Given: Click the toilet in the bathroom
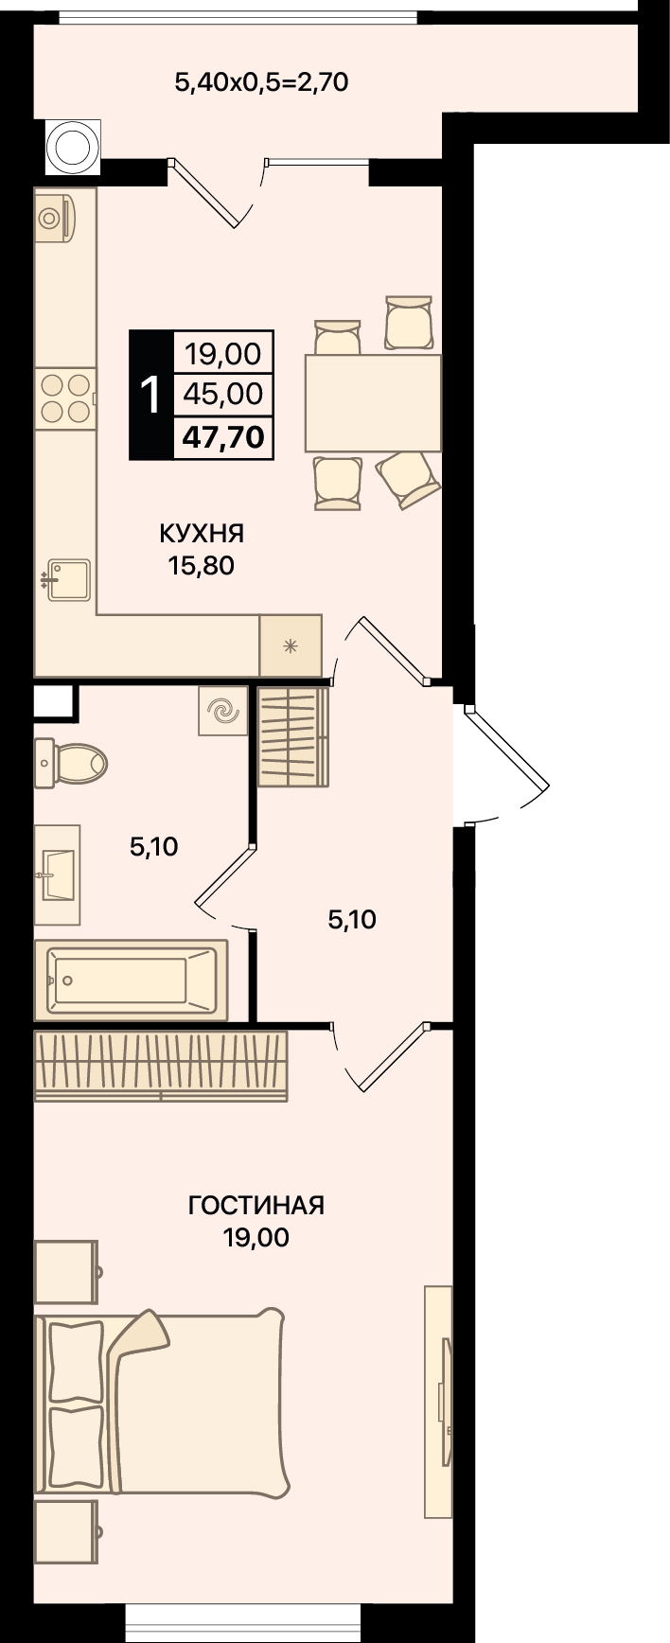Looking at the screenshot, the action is tap(70, 762).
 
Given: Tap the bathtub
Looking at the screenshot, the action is tap(131, 980).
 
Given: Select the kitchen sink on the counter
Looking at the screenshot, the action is tap(68, 579).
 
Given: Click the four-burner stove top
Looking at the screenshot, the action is tap(65, 397).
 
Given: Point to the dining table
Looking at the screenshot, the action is tap(373, 403).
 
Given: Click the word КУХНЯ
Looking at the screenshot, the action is tap(202, 534).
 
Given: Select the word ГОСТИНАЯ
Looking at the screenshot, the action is tap(256, 1206).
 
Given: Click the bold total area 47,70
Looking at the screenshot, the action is tap(224, 437).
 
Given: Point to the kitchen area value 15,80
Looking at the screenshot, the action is tap(201, 567).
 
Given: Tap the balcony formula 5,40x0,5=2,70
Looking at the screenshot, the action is tap(262, 82).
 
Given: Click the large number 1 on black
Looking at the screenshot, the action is tap(150, 395).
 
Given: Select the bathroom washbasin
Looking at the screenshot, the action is tap(57, 874).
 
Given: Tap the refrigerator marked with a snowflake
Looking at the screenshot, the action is tap(291, 646).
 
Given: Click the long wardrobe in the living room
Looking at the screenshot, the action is tap(161, 1066).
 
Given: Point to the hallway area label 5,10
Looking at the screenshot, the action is tap(352, 919).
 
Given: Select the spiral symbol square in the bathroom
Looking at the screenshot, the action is tap(223, 711).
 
